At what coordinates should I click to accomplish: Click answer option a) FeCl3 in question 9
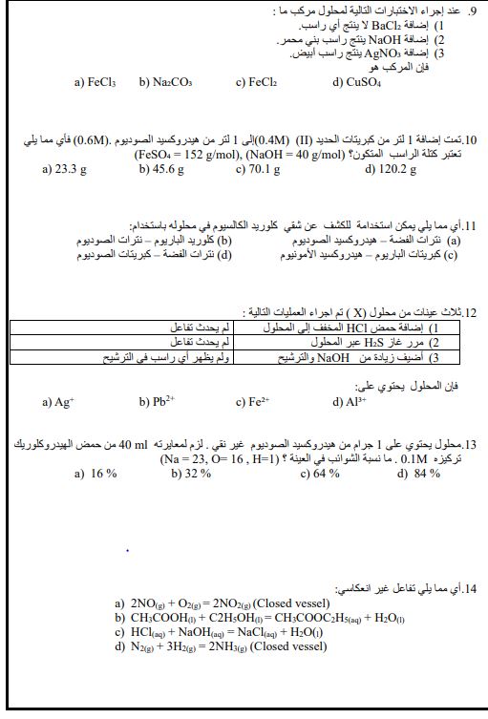click(x=95, y=83)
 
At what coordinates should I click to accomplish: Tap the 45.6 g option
click(x=161, y=169)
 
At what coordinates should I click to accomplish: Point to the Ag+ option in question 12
click(x=58, y=402)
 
